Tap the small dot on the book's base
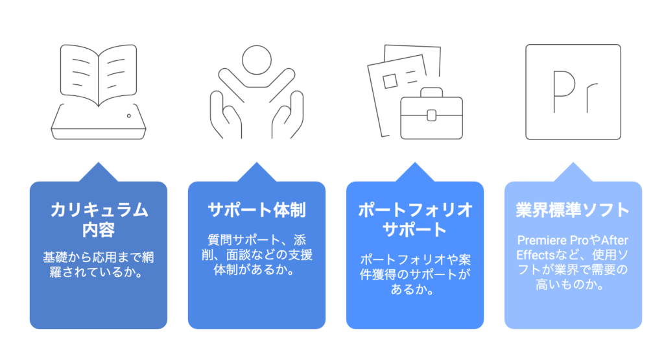click(129, 115)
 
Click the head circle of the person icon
click(257, 60)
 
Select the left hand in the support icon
click(226, 115)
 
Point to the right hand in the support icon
click(287, 115)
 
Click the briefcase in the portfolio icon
click(431, 114)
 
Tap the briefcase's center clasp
click(431, 115)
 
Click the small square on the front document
click(390, 81)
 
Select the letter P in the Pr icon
click(564, 91)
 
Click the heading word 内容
click(99, 230)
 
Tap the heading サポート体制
click(257, 210)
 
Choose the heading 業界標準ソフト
click(573, 210)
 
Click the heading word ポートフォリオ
click(415, 210)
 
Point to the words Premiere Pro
click(552, 240)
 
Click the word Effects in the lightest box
click(535, 255)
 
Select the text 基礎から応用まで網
click(99, 257)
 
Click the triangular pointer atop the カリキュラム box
click(99, 172)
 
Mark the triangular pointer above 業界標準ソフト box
click(573, 172)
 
